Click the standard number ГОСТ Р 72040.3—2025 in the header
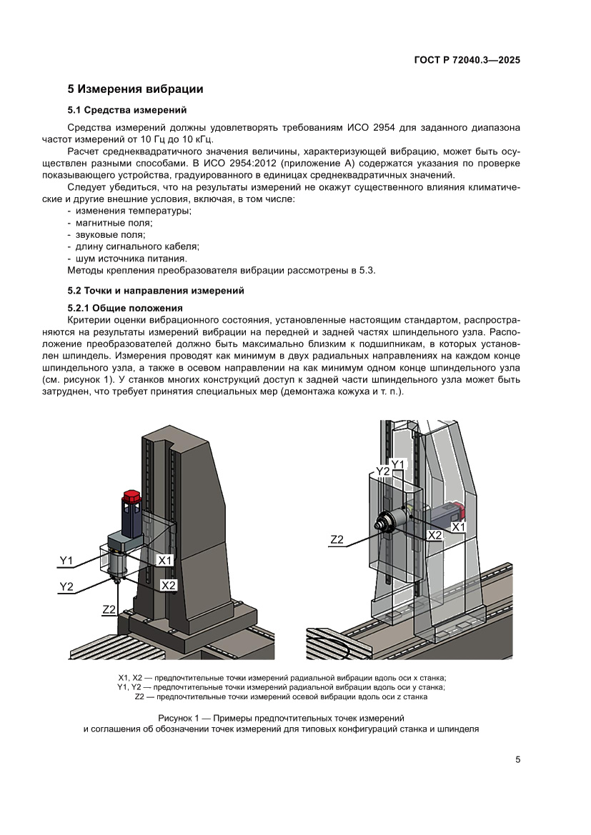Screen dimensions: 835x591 coord(466,61)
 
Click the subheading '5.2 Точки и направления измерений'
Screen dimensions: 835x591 coord(156,291)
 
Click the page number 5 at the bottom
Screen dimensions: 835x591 coord(517,759)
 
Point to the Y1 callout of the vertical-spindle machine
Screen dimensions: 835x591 coord(66,561)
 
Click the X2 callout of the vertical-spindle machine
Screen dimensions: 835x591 coord(169,585)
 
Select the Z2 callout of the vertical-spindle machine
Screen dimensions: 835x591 coord(109,609)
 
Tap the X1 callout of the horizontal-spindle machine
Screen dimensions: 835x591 coord(459,526)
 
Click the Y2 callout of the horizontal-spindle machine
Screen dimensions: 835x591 coord(382,472)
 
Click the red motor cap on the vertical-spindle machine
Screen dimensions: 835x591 coord(130,496)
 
